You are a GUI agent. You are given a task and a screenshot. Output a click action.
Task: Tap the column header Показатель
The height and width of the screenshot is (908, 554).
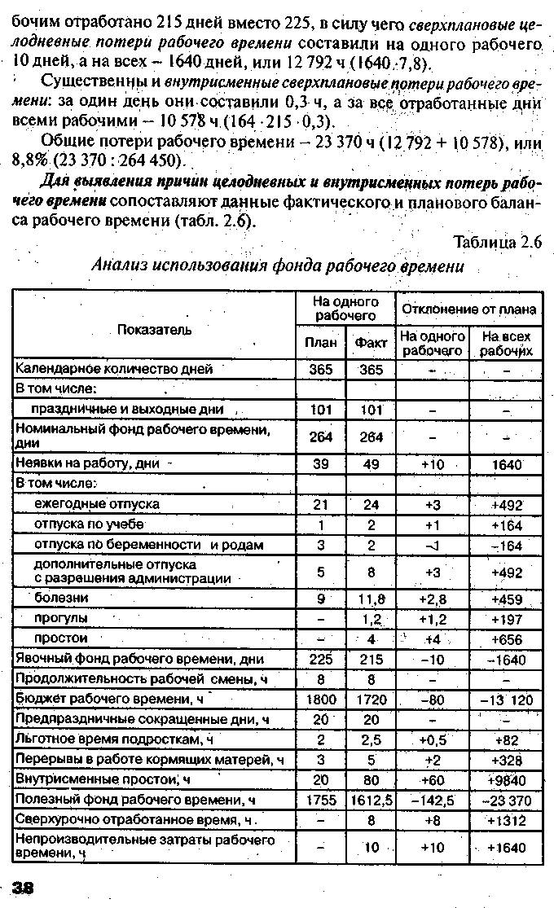pyautogui.click(x=154, y=329)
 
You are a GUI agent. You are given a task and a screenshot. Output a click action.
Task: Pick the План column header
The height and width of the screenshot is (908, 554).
pyautogui.click(x=320, y=343)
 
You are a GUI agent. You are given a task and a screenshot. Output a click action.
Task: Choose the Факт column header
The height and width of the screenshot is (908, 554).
pyautogui.click(x=371, y=343)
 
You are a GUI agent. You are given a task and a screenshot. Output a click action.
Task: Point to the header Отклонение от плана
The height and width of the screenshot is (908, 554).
pyautogui.click(x=468, y=309)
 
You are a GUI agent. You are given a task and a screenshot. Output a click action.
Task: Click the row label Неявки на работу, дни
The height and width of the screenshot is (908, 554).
pyautogui.click(x=87, y=463)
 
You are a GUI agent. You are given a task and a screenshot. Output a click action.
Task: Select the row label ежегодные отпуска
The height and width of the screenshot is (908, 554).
pyautogui.click(x=96, y=504)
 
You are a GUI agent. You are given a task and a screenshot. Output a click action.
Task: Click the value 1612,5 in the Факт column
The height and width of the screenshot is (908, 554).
pyautogui.click(x=371, y=800)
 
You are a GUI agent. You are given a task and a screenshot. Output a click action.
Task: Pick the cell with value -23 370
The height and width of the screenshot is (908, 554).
pyautogui.click(x=506, y=801)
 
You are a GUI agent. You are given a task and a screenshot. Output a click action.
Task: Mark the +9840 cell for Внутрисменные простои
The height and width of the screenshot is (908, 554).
pyautogui.click(x=507, y=780)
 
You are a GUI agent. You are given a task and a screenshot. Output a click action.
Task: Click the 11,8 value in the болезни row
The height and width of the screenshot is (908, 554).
pyautogui.click(x=371, y=599)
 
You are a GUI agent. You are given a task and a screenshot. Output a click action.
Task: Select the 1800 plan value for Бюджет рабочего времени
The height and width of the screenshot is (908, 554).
pyautogui.click(x=321, y=699)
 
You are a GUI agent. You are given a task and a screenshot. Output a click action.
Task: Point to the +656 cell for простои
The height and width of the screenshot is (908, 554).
pyautogui.click(x=507, y=639)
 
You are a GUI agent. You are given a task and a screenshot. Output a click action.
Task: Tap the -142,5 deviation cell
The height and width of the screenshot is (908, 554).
pyautogui.click(x=433, y=801)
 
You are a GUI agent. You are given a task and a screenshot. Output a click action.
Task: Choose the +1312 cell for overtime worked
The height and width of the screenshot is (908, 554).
pyautogui.click(x=507, y=820)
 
